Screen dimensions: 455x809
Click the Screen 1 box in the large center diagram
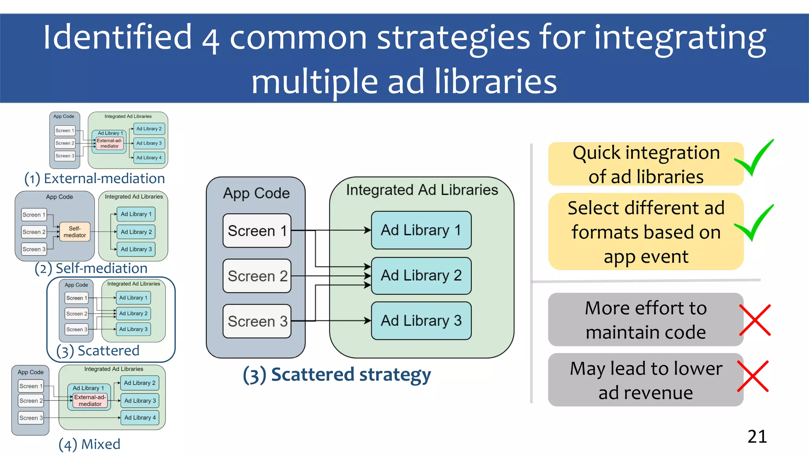(x=257, y=231)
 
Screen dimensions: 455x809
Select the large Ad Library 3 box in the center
(x=421, y=321)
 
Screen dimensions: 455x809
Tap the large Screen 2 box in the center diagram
(x=257, y=276)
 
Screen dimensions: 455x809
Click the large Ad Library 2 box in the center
(x=421, y=275)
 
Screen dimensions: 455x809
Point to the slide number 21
(x=757, y=436)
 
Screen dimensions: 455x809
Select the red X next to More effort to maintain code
(x=755, y=320)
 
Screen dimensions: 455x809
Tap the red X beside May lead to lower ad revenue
(x=753, y=376)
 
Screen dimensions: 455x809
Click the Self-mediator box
(x=75, y=232)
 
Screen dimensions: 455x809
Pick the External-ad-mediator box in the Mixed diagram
(x=90, y=400)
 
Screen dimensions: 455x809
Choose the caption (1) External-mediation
(x=95, y=179)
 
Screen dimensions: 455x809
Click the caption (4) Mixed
(x=89, y=444)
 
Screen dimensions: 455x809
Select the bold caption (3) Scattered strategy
(x=337, y=374)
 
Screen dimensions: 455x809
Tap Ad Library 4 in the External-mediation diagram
(x=149, y=158)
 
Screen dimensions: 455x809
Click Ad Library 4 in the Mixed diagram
(x=140, y=417)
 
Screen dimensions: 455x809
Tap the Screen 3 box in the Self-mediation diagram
(x=34, y=249)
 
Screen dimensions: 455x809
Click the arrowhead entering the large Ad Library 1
(x=368, y=230)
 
